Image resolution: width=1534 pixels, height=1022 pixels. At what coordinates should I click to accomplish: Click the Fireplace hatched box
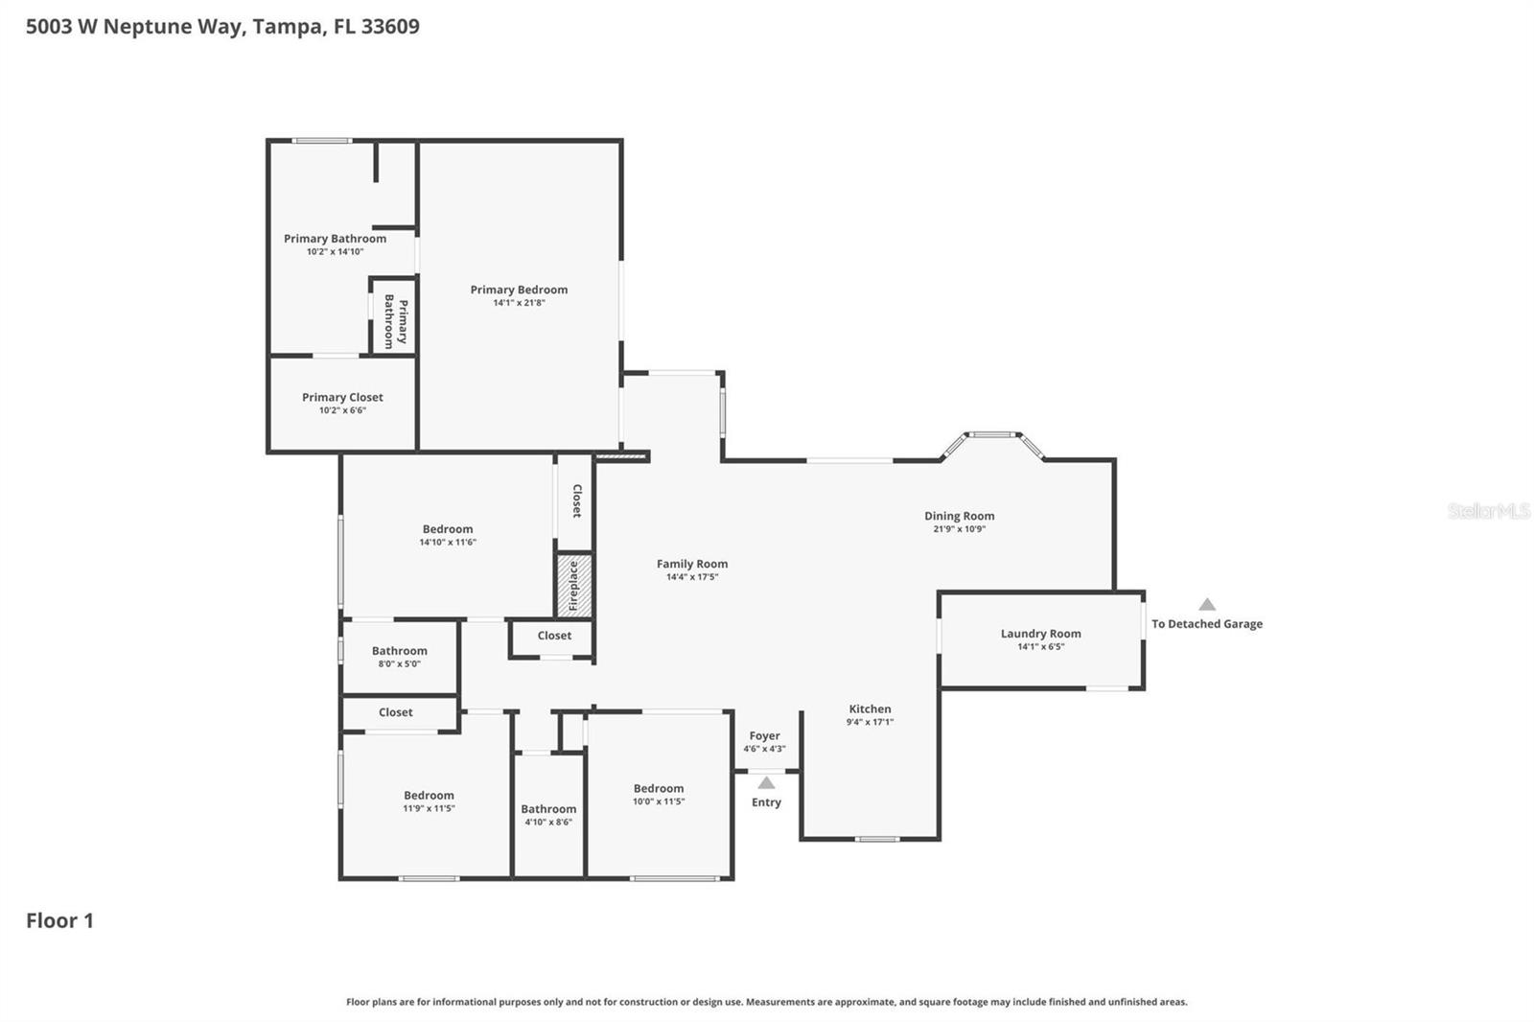(x=573, y=585)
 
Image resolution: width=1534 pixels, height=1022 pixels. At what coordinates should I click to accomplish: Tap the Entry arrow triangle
(x=766, y=783)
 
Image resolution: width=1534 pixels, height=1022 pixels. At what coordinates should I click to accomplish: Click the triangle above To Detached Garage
(x=1207, y=605)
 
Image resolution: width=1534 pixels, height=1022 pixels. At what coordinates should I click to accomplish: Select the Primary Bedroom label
(x=519, y=290)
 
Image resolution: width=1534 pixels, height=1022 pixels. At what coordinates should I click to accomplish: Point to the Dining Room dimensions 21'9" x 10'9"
(x=959, y=529)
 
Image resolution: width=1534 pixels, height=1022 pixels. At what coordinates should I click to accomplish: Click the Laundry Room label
(x=1040, y=634)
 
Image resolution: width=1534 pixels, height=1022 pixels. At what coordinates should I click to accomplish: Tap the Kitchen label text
(x=870, y=709)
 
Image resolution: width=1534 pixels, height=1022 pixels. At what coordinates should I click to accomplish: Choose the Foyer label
(x=764, y=736)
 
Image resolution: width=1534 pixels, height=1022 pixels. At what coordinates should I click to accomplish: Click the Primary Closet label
(x=342, y=397)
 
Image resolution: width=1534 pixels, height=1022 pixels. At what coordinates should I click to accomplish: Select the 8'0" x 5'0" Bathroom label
(x=399, y=651)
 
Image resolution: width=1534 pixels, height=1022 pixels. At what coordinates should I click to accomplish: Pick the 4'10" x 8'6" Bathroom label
(x=548, y=809)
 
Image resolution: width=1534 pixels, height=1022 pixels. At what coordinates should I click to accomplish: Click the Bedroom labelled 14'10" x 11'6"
(x=447, y=529)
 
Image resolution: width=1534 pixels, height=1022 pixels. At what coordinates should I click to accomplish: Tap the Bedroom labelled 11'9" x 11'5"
(x=429, y=796)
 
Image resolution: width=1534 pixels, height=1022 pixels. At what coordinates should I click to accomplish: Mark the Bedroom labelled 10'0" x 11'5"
(x=658, y=789)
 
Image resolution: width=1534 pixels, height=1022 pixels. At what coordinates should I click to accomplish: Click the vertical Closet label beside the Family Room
(x=576, y=500)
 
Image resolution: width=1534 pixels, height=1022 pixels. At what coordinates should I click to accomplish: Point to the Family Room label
(x=691, y=564)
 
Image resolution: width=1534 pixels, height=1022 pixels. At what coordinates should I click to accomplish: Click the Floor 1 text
(x=59, y=920)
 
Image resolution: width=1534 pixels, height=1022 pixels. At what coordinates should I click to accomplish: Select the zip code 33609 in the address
(x=390, y=26)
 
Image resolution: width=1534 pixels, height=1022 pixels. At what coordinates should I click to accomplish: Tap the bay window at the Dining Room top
(x=991, y=436)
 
